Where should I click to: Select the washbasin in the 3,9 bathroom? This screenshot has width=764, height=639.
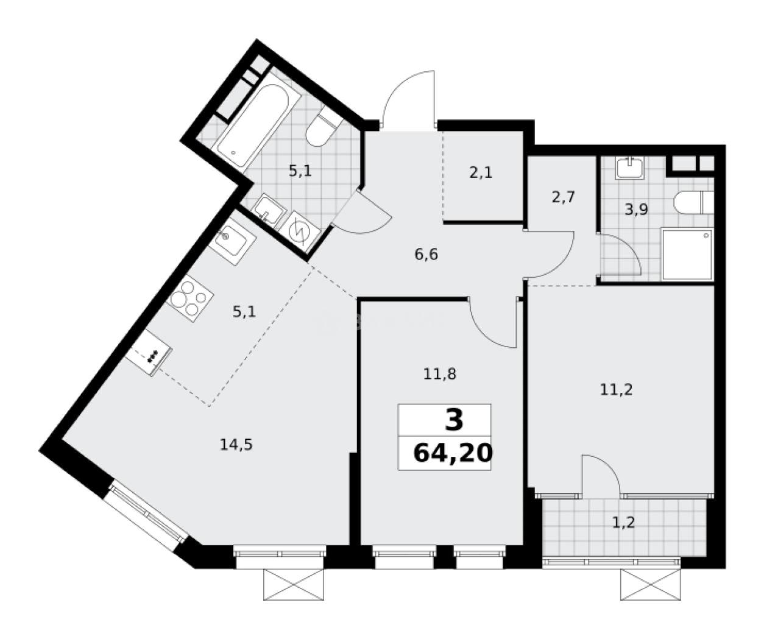pos(628,168)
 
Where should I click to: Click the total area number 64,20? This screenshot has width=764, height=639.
pos(451,453)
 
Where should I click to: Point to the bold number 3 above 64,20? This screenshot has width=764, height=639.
pos(454,420)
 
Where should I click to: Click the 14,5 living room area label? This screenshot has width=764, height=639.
pos(236,444)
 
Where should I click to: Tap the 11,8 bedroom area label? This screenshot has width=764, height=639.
pos(440,373)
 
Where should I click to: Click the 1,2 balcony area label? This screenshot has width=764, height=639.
pos(621,522)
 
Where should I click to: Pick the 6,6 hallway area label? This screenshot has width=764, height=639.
pos(426,254)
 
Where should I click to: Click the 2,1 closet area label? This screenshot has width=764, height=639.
pos(481,172)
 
